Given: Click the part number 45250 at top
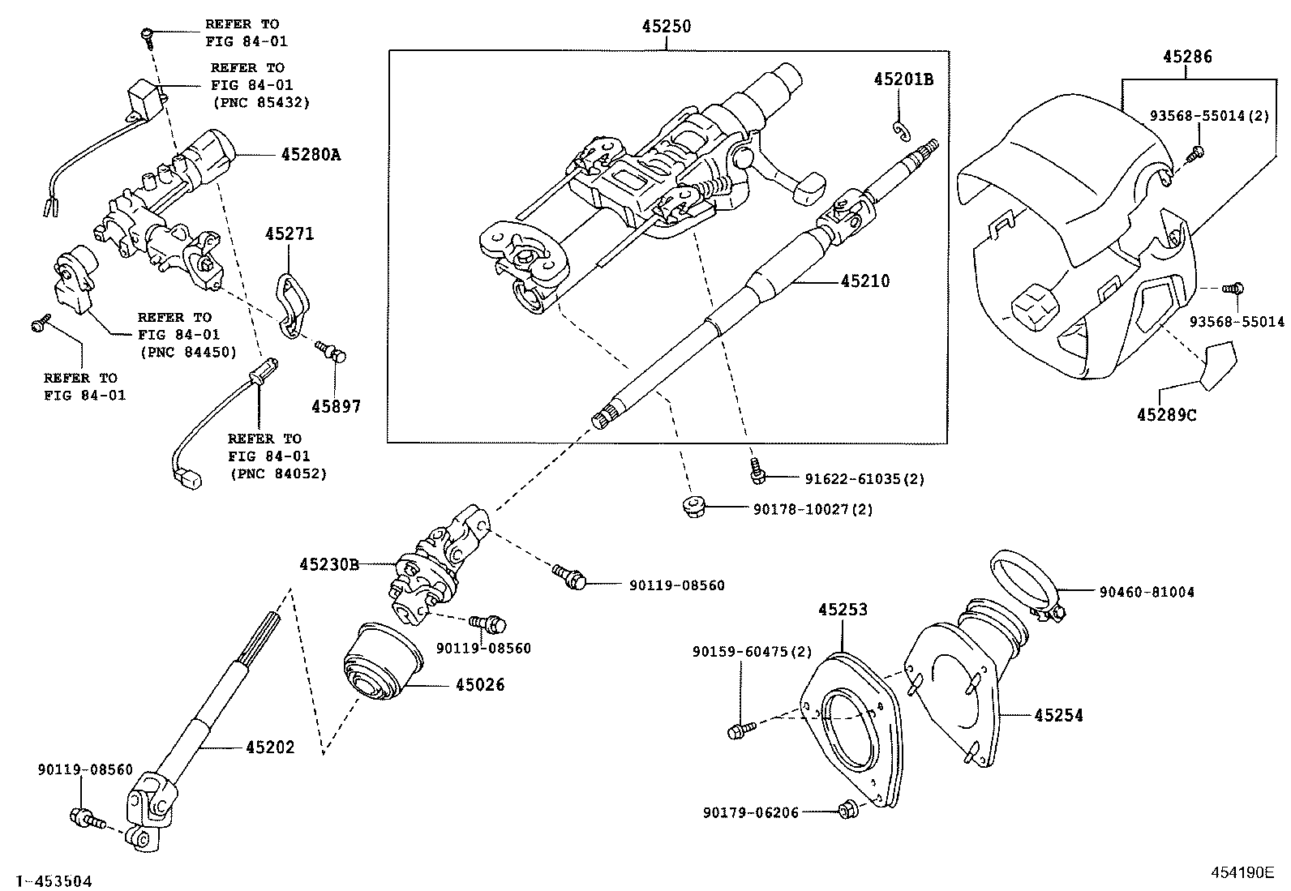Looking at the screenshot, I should pos(667,27).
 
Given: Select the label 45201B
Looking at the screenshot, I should pos(903,79).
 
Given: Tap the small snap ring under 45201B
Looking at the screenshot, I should pos(899,129).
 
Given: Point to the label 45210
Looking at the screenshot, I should pos(864,281).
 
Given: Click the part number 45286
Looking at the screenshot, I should pos(1187,57).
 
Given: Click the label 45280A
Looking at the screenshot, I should pos(311,154).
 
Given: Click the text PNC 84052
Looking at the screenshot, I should pos(278,473).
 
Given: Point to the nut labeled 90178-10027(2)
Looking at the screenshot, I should pos(693,508).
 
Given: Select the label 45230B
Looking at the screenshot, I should pos(328,563).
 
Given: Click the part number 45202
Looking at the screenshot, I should pos(270,747).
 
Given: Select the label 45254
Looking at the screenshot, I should pos(1058,715).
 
